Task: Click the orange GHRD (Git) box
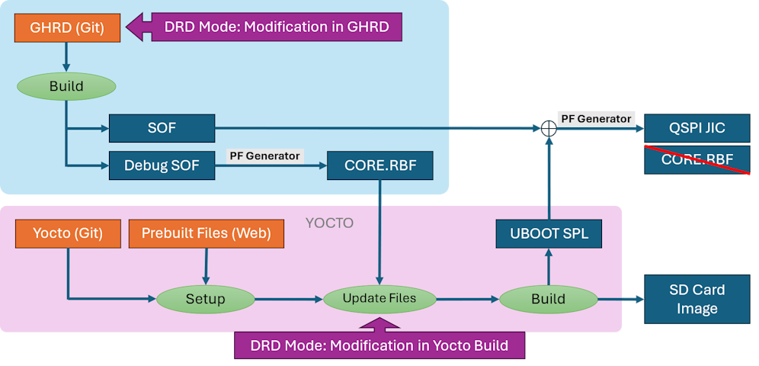click(67, 28)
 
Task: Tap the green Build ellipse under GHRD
click(66, 86)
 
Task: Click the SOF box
click(162, 128)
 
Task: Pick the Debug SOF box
click(162, 165)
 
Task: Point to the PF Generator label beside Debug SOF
click(264, 156)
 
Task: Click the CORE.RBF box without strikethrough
click(380, 165)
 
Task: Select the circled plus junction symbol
click(548, 129)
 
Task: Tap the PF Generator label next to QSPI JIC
click(596, 119)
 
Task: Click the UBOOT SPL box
click(548, 233)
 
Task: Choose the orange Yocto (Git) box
click(67, 233)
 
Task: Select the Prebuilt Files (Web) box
click(207, 233)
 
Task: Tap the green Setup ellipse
click(205, 298)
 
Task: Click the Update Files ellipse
click(379, 298)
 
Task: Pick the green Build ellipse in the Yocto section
click(548, 298)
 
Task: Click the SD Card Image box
click(697, 299)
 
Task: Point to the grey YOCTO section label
click(329, 223)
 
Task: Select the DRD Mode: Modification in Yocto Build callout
click(379, 345)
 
